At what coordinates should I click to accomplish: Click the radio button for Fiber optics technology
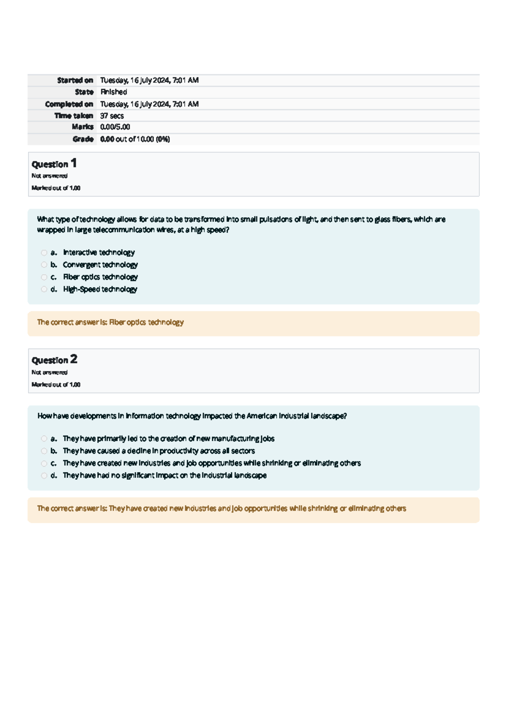tap(44, 277)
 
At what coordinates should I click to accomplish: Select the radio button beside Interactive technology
tap(44, 253)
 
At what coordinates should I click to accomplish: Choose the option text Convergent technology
tap(100, 265)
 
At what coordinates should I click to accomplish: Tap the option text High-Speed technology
tap(100, 289)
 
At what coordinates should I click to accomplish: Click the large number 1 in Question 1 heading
tap(74, 163)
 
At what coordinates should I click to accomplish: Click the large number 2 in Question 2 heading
tap(74, 359)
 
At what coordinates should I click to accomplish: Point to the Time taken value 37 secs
tap(112, 116)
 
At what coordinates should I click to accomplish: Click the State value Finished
tap(113, 92)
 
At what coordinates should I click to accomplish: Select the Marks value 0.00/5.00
tap(115, 127)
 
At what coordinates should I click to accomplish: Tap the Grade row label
tap(83, 139)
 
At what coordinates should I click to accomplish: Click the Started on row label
tap(75, 80)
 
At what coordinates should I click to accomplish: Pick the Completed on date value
tap(149, 104)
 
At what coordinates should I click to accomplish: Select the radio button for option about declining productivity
tap(44, 451)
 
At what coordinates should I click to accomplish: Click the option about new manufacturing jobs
tap(168, 439)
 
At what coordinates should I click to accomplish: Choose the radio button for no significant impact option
tap(44, 476)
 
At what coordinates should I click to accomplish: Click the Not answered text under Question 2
tap(49, 372)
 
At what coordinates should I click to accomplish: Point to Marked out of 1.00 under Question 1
tap(56, 188)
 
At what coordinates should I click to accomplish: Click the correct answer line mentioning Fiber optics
tap(110, 322)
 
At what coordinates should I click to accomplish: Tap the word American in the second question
tap(262, 416)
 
